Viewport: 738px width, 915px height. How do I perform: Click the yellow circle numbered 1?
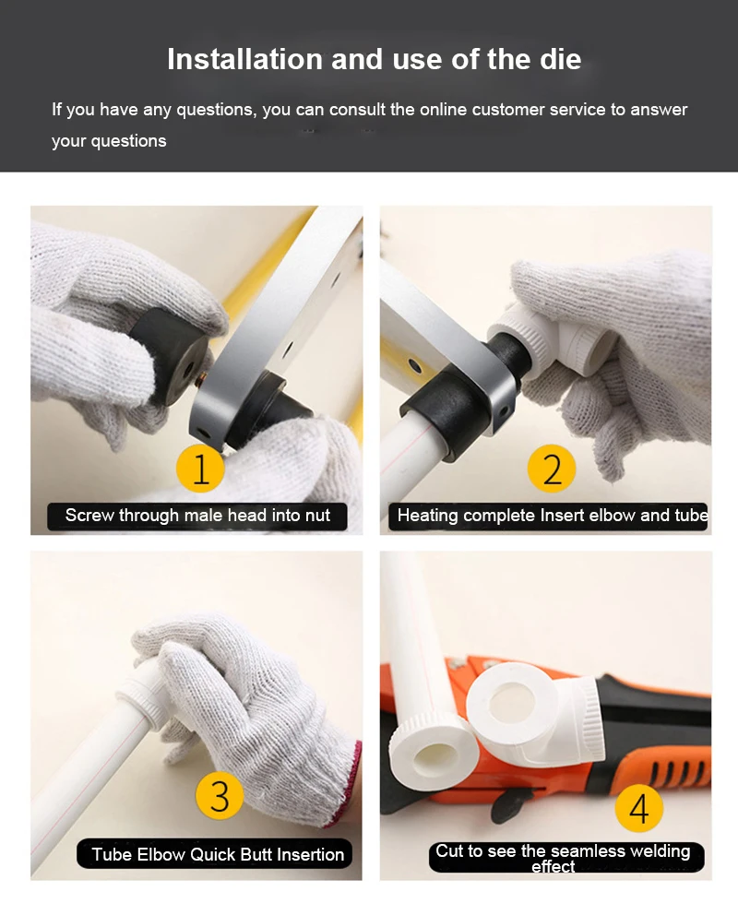[x=200, y=468]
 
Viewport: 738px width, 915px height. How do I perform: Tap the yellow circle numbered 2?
[x=552, y=468]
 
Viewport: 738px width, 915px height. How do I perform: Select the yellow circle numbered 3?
[x=220, y=795]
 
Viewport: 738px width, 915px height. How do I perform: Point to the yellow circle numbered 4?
[x=638, y=808]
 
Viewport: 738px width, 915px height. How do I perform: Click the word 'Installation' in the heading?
[x=245, y=59]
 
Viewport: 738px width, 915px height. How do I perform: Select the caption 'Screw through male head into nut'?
[x=197, y=516]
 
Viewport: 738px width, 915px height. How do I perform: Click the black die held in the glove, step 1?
[x=169, y=355]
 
